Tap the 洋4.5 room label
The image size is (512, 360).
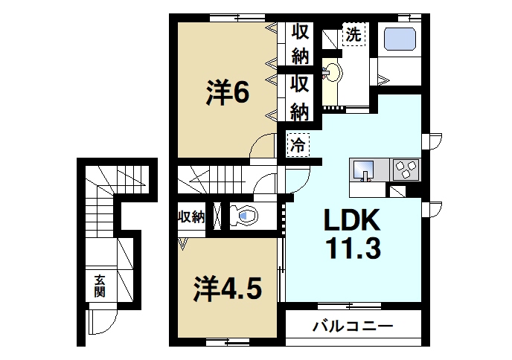[x=228, y=287]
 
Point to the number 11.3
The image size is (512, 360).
[x=351, y=248]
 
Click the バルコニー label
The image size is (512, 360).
[x=352, y=326]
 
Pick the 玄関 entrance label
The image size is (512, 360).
[x=99, y=286]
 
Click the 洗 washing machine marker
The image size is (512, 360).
[x=353, y=33]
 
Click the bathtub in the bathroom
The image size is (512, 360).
[x=400, y=39]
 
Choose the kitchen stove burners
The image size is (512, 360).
[x=406, y=170]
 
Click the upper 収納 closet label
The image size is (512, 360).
[x=300, y=43]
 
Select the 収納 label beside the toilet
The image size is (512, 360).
[x=191, y=217]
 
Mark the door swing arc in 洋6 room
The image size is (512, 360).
[x=262, y=147]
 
